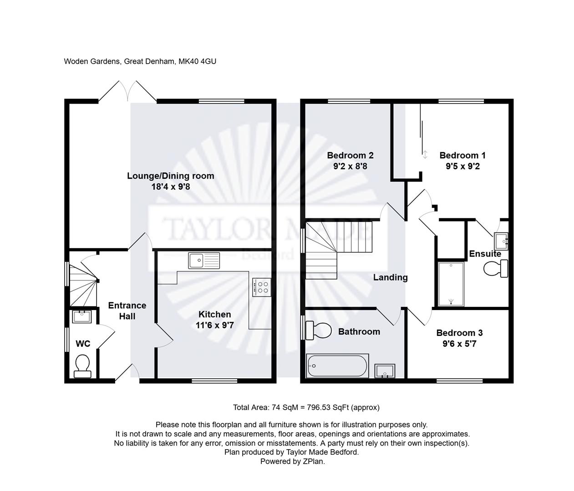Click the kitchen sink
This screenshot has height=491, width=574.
click(x=203, y=261)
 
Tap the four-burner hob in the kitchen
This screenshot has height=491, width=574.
click(x=261, y=287)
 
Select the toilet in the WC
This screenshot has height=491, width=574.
click(x=82, y=366)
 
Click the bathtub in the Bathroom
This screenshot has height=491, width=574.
click(x=337, y=366)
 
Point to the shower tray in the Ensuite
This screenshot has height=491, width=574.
click(x=451, y=284)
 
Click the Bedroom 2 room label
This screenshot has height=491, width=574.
click(x=350, y=155)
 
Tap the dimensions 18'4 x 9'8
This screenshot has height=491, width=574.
click(x=170, y=187)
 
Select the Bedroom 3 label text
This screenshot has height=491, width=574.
click(x=459, y=333)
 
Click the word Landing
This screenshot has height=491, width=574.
click(x=390, y=277)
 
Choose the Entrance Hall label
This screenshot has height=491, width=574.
click(x=127, y=311)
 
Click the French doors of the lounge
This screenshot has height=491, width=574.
click(x=127, y=91)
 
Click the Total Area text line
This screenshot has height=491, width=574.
click(x=306, y=407)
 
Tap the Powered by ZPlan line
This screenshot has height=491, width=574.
click(x=292, y=461)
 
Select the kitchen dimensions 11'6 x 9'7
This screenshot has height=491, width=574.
click(x=215, y=326)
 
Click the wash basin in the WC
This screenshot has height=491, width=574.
click(x=82, y=316)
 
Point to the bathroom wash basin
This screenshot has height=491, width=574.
click(x=385, y=371)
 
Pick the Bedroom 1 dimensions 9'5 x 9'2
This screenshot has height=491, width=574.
click(x=462, y=166)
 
